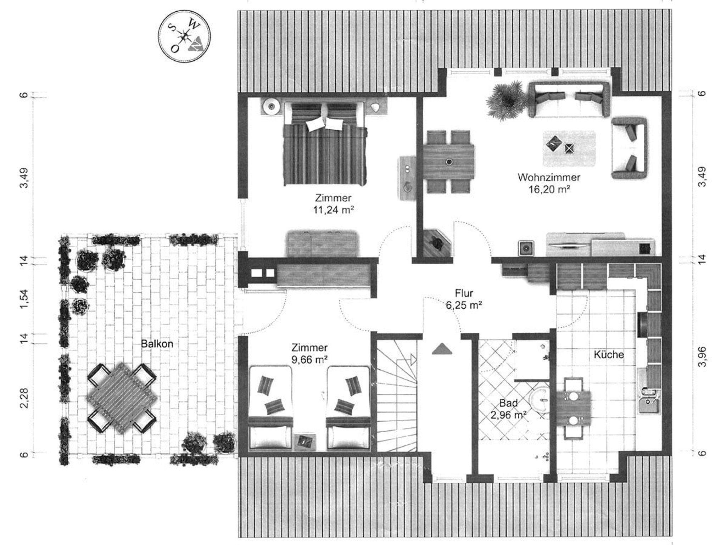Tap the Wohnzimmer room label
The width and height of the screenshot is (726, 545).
549,177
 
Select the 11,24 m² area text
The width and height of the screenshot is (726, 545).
334,210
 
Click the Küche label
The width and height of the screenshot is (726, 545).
609,354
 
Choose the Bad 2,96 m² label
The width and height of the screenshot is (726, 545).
508,409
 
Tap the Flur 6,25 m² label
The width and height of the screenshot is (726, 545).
464,299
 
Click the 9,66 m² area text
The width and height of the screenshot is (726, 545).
309,359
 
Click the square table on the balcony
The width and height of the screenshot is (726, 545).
122,398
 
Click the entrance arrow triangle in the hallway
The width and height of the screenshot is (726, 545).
442,349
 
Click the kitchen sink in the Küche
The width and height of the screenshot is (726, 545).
649,400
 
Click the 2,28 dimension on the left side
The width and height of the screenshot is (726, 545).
24,398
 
